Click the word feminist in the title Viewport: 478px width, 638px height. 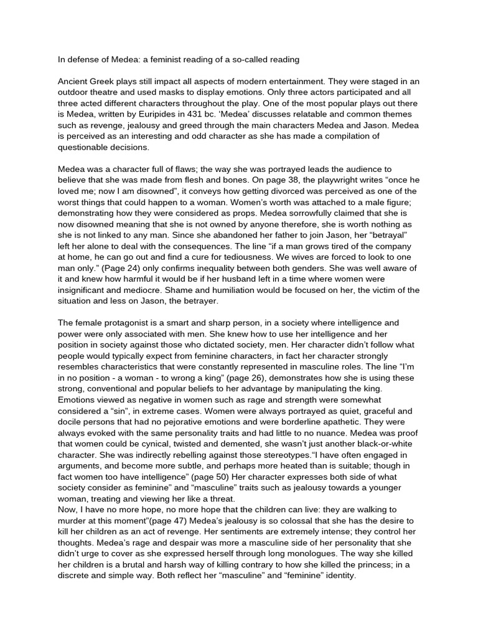(160, 60)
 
